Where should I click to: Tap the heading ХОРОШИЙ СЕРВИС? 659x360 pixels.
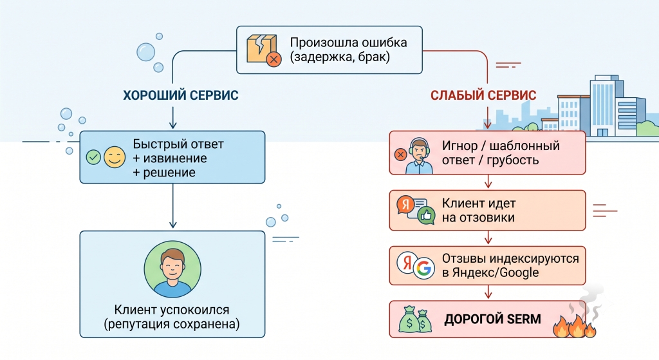point(181,95)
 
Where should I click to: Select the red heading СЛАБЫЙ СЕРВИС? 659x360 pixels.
point(483,95)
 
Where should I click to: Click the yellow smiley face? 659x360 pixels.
point(115,157)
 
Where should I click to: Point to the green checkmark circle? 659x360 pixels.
point(93,157)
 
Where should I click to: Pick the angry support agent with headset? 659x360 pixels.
point(419,156)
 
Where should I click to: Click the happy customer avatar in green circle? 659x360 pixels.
point(172,270)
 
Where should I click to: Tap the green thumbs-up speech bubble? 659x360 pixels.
point(426,215)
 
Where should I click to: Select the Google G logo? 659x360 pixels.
point(424,268)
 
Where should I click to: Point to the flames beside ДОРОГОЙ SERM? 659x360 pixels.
point(575,325)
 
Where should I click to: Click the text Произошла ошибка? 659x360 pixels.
point(348,43)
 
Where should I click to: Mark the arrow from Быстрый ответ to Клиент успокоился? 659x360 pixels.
point(172,205)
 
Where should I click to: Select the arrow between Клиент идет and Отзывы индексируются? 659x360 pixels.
point(488,238)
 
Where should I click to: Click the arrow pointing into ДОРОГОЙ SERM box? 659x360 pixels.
point(488,292)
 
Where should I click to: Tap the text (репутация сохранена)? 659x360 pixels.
point(172,324)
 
